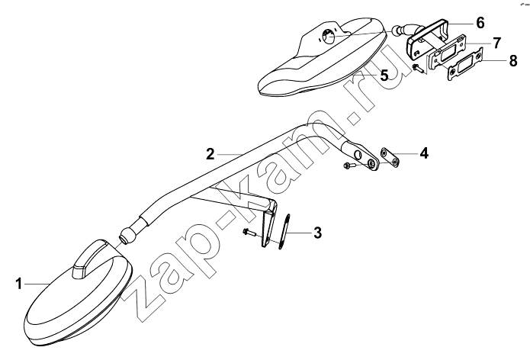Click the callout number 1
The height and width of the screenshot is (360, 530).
point(19,284)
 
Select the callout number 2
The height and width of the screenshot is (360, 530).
point(210,154)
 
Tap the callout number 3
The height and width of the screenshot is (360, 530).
point(317,233)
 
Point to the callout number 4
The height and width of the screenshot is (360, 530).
point(423,153)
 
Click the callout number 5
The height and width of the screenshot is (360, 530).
point(384,75)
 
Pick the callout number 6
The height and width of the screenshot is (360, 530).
point(480,23)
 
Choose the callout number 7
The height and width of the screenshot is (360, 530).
point(496,43)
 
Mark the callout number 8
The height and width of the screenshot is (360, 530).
point(512,61)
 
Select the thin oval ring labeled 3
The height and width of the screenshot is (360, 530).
point(284,232)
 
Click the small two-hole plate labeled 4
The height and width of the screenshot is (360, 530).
point(390,158)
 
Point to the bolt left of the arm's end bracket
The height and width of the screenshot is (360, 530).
point(349,166)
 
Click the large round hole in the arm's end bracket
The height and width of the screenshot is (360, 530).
point(357,156)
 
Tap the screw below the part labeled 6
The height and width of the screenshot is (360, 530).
point(419,69)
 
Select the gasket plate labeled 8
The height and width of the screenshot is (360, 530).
point(466,64)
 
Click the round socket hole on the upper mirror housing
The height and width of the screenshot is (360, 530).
point(328,36)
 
